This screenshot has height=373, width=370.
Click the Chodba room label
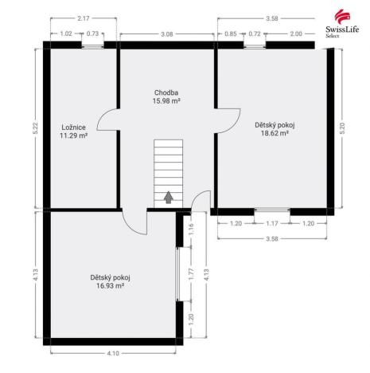pos(166,92)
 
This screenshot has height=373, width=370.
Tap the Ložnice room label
pos(73,128)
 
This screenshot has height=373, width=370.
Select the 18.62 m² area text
pos(275,133)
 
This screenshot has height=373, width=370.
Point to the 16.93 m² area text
pos(111,286)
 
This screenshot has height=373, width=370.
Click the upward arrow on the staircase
pos(169,198)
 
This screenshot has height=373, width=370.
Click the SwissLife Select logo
pos(342,24)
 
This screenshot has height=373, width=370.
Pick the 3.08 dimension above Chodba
pos(167,34)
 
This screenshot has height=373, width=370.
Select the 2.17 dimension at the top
pos(84,18)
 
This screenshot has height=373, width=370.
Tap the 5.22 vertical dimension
pos(36,128)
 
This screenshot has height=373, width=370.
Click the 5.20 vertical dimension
pos(342,128)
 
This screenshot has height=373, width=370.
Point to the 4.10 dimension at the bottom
pos(113,353)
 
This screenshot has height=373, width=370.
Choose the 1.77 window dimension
pos(191,274)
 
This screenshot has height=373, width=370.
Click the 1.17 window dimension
pos(272,223)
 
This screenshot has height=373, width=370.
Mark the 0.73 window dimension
pos(92,33)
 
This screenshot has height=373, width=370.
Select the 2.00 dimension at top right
pos(296,33)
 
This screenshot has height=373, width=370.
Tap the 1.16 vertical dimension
pos(191,230)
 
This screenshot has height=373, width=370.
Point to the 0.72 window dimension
pos(255,33)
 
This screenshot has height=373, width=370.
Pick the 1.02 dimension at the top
pos(66,33)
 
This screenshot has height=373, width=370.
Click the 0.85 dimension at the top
pos(231,33)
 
